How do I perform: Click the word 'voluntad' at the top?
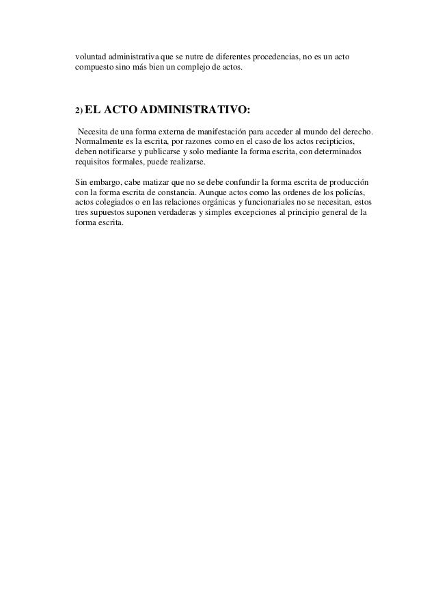92,57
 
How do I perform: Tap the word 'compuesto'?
94,69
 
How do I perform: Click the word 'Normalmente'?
100,141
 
